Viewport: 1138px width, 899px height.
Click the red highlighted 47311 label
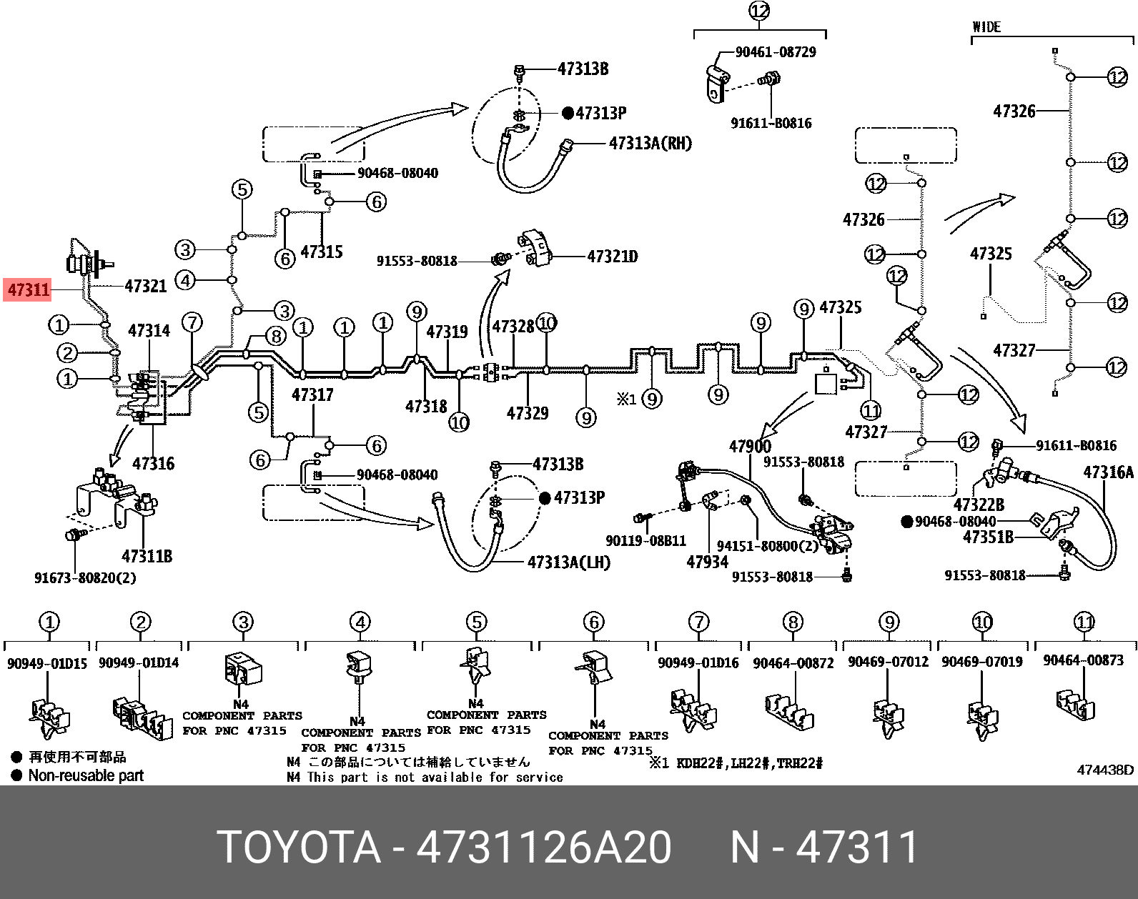[28, 290]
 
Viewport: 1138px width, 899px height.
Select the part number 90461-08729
[776, 52]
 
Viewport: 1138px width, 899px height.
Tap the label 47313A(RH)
[650, 144]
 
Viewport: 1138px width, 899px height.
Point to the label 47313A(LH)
[569, 562]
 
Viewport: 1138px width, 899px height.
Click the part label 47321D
[612, 257]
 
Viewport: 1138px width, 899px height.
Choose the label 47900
[750, 447]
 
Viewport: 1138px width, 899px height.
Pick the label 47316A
[1108, 472]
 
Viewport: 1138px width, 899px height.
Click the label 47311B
[147, 555]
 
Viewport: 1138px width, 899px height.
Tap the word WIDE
[986, 27]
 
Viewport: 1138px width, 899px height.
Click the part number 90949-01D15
[47, 663]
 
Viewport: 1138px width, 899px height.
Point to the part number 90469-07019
[981, 662]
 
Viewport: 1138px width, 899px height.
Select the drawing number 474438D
[1105, 770]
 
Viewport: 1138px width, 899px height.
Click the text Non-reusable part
[86, 775]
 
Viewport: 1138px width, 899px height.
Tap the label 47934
[707, 562]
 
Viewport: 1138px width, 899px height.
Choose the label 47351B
[988, 537]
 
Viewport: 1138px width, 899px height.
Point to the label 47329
[528, 412]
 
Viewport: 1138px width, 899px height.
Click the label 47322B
[979, 505]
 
